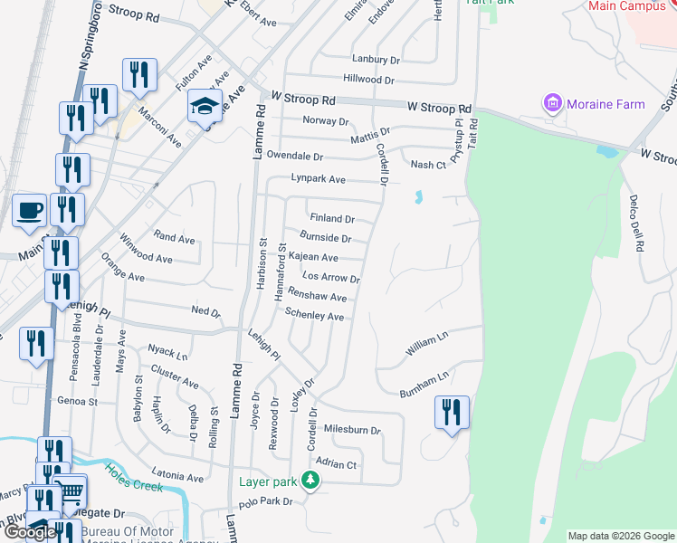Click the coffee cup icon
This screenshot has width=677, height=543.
point(30,211)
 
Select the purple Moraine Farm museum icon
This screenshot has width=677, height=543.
point(553,104)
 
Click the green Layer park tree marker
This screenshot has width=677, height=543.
point(310,481)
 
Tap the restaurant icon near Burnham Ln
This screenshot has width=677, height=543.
point(452,413)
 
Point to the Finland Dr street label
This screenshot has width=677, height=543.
point(331,219)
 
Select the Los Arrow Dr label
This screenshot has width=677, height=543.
point(331,278)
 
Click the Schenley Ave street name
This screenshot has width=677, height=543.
point(314,316)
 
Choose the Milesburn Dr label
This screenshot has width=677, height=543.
point(352,430)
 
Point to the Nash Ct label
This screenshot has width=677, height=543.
point(428,165)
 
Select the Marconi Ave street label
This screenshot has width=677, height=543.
point(160,128)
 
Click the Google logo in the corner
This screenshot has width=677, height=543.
point(29,532)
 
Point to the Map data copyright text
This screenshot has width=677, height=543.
point(621,536)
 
